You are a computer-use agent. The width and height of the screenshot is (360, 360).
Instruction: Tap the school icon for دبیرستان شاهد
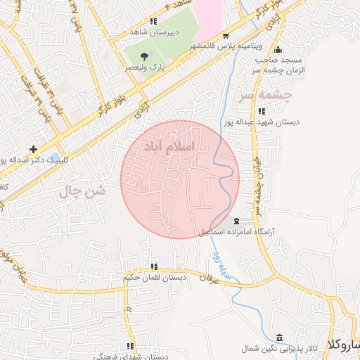tap(154, 22)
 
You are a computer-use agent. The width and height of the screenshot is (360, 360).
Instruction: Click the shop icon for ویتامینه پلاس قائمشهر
tap(225, 36)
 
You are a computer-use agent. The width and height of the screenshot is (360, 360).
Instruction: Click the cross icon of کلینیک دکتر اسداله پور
tap(33, 149)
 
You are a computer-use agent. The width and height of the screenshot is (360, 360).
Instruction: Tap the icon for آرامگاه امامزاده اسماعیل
tap(245, 221)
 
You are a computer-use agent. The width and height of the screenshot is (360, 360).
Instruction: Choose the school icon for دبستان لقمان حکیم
tap(153, 266)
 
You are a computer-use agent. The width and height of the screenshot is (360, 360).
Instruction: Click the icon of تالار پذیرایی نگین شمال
tap(281, 338)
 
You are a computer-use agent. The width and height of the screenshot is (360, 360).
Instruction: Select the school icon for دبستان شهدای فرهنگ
tap(130, 346)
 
